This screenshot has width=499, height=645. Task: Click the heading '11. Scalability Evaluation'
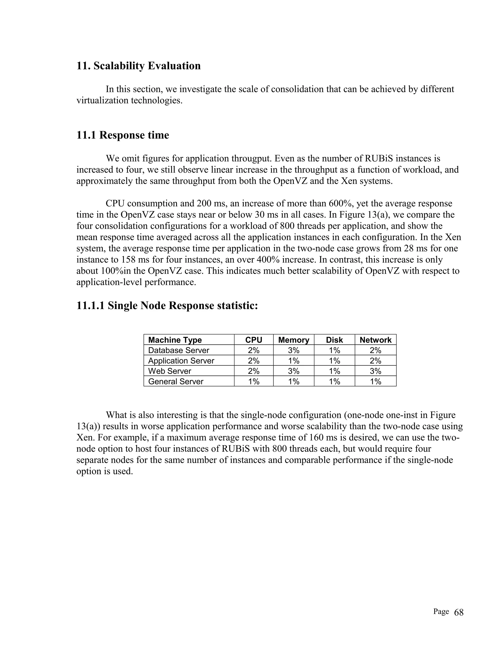click(x=138, y=65)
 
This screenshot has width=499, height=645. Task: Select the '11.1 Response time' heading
click(x=123, y=135)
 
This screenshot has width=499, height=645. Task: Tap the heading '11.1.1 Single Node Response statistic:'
click(x=167, y=305)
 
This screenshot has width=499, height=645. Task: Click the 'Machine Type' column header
click(x=175, y=340)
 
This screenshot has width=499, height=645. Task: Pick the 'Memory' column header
click(x=293, y=340)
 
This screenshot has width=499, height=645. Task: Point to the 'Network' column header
click(x=375, y=340)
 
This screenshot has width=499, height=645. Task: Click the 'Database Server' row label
click(x=179, y=350)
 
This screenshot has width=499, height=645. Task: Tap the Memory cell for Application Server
click(x=294, y=361)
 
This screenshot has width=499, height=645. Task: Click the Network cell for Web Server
click(x=375, y=371)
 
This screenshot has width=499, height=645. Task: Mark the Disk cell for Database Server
click(x=334, y=350)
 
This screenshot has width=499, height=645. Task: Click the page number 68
click(x=459, y=613)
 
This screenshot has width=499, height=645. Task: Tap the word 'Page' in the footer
click(x=441, y=612)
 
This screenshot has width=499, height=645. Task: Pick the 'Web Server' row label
click(x=169, y=371)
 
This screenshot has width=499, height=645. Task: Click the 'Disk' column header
click(x=334, y=340)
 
